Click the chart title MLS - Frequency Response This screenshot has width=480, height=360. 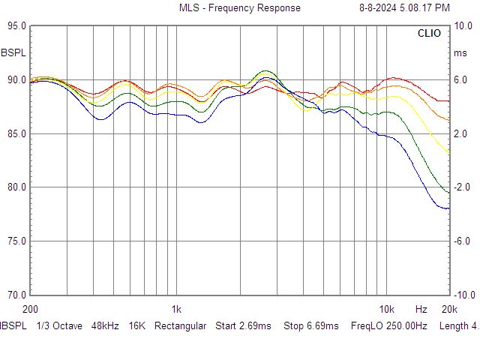[240, 7]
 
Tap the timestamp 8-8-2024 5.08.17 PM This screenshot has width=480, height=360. [404, 7]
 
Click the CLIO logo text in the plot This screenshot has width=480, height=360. [429, 33]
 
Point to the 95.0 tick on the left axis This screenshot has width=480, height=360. [16, 26]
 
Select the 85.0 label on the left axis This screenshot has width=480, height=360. [16, 133]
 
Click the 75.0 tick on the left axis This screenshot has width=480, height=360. [16, 241]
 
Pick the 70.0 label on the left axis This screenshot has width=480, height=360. [16, 295]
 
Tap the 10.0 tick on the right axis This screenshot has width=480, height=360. [463, 26]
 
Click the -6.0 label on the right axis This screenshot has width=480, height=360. [462, 241]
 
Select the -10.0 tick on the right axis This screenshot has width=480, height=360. [463, 295]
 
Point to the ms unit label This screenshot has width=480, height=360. [460, 53]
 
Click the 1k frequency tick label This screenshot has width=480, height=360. [176, 310]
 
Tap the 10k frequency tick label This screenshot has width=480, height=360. [387, 310]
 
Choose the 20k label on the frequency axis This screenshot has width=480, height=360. [449, 310]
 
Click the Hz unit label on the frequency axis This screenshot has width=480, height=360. [421, 310]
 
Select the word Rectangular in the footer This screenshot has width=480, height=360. [180, 326]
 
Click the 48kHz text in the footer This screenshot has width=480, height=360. [105, 326]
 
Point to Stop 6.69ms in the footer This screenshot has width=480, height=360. [311, 326]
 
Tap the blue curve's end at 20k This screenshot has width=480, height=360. [449, 208]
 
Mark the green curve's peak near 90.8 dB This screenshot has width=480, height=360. [265, 71]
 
